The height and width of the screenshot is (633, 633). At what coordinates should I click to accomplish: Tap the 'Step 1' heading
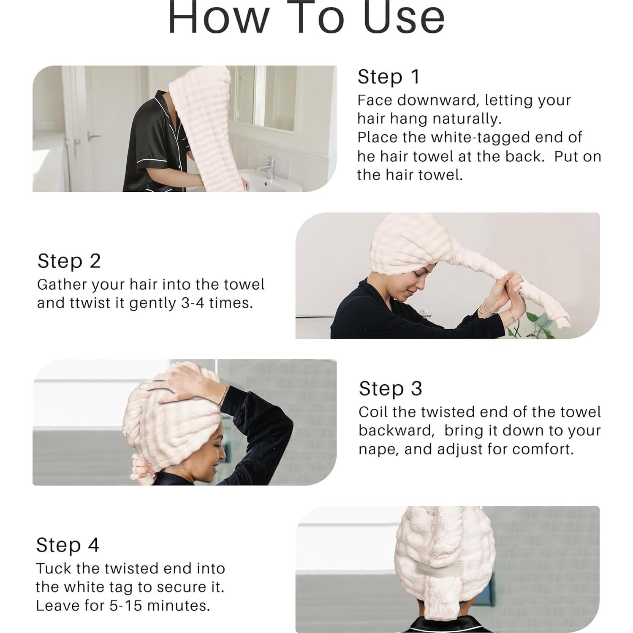pos(388,77)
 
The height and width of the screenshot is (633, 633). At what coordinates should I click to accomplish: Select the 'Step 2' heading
pos(69,261)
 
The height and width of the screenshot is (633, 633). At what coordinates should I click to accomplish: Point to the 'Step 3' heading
pos(390,388)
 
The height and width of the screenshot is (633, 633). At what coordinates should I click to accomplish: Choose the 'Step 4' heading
pos(68,545)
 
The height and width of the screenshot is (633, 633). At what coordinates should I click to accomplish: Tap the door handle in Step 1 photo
pos(93,136)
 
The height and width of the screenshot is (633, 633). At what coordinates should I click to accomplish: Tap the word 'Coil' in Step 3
pos(372,412)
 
